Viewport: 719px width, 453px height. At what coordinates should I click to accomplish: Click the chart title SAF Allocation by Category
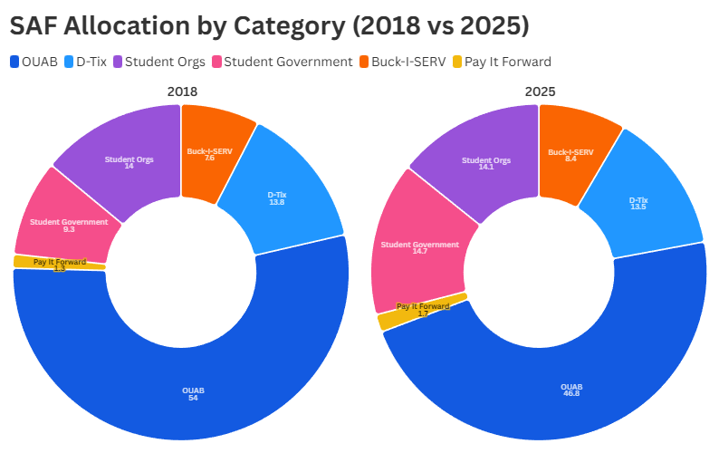pyautogui.click(x=269, y=25)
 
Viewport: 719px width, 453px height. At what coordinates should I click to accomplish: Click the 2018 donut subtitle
pyautogui.click(x=181, y=92)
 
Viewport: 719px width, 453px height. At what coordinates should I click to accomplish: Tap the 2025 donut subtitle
pyautogui.click(x=540, y=92)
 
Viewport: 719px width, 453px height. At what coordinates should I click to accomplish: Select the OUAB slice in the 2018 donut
pyautogui.click(x=193, y=394)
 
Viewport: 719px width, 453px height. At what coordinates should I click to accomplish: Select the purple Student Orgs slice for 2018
pyautogui.click(x=129, y=161)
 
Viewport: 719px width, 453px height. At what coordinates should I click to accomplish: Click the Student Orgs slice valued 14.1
pyautogui.click(x=485, y=163)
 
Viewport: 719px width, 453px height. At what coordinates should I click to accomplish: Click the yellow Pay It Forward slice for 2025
pyautogui.click(x=388, y=320)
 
